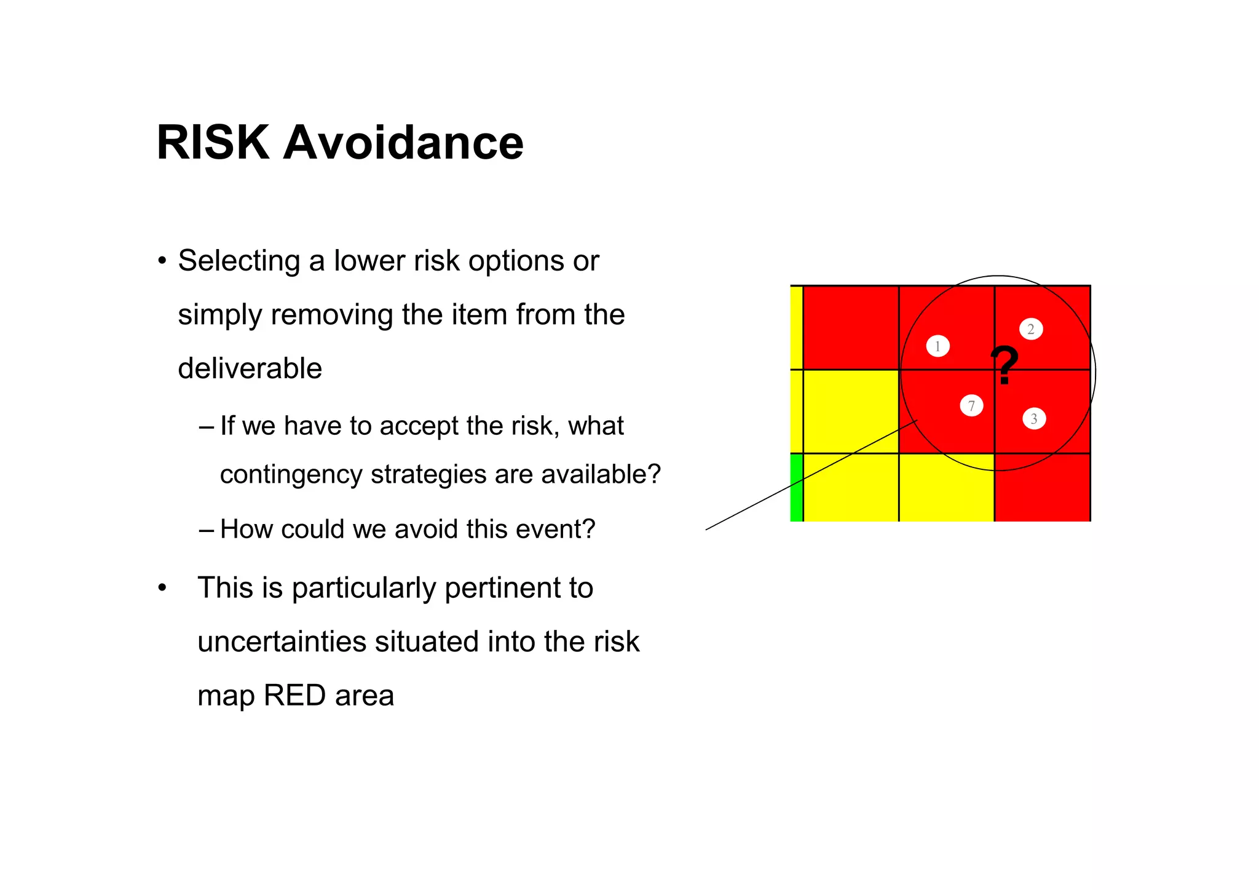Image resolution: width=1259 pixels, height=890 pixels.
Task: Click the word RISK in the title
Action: pyautogui.click(x=213, y=143)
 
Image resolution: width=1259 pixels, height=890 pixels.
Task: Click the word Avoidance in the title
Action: pyautogui.click(x=403, y=143)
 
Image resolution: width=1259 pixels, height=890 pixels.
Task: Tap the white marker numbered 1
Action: pyautogui.click(x=937, y=346)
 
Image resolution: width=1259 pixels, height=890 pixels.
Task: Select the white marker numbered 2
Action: pyautogui.click(x=1031, y=329)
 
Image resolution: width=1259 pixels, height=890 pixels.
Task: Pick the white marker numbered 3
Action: pyautogui.click(x=1034, y=419)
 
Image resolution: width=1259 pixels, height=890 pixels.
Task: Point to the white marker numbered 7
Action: pyautogui.click(x=971, y=405)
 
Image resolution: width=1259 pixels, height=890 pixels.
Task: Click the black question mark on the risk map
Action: pyautogui.click(x=1004, y=365)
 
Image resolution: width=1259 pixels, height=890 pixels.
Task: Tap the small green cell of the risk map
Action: pyautogui.click(x=796, y=487)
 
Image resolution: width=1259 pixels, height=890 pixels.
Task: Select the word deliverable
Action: pyautogui.click(x=250, y=369)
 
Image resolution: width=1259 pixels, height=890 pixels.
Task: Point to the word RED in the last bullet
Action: pyautogui.click(x=294, y=696)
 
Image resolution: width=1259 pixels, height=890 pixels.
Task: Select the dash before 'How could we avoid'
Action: pyautogui.click(x=207, y=530)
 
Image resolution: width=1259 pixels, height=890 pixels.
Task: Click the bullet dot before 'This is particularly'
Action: pyautogui.click(x=162, y=588)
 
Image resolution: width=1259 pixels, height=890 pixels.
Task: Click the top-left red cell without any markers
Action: pyautogui.click(x=851, y=327)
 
